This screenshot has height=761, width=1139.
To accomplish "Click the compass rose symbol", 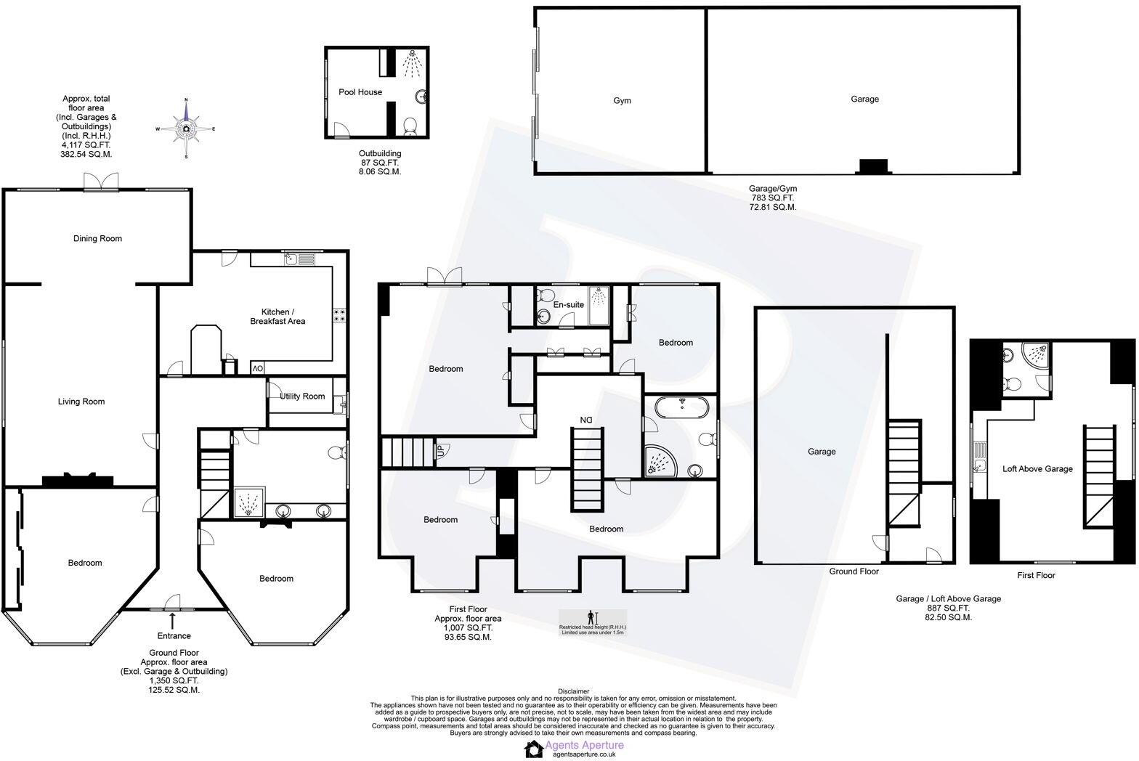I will point(186,129).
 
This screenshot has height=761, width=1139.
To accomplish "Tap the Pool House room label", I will point(360,92).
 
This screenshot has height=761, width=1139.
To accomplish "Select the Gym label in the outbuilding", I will point(622,101).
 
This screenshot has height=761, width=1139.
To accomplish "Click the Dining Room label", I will point(97,239).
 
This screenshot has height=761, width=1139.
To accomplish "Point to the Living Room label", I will point(81,402).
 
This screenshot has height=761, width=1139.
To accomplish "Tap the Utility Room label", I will point(303,396).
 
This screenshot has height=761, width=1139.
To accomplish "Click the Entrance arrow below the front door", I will point(173,621).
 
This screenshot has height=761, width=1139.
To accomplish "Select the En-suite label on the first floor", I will point(568,305).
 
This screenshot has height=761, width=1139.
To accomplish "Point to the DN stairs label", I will point(586,420).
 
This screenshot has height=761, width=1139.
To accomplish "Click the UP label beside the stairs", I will point(440,450).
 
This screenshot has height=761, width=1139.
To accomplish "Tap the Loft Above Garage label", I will point(1037,469).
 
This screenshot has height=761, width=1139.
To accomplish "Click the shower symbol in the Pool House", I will point(412,62).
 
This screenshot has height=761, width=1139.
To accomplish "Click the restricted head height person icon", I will point(592,616).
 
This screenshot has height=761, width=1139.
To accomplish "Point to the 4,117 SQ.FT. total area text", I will point(86,145).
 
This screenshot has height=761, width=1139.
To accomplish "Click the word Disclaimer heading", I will point(574,691).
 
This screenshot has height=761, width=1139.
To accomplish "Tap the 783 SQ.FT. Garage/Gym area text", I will point(772,198).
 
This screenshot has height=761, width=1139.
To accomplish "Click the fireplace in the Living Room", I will point(78,479).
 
